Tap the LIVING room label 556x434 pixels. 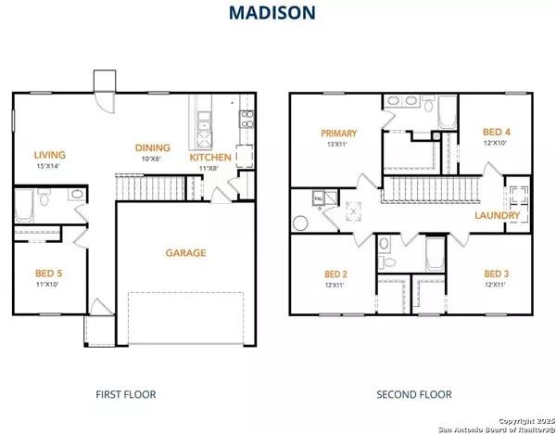tap(46, 154)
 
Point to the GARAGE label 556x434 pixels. tap(185, 252)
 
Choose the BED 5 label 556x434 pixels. tap(46, 274)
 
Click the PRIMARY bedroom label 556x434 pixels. tap(339, 133)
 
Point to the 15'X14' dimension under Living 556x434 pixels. tap(46, 166)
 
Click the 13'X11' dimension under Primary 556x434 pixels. tap(339, 144)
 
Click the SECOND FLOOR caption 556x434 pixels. tap(413, 395)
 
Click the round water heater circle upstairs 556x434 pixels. tap(300, 223)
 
